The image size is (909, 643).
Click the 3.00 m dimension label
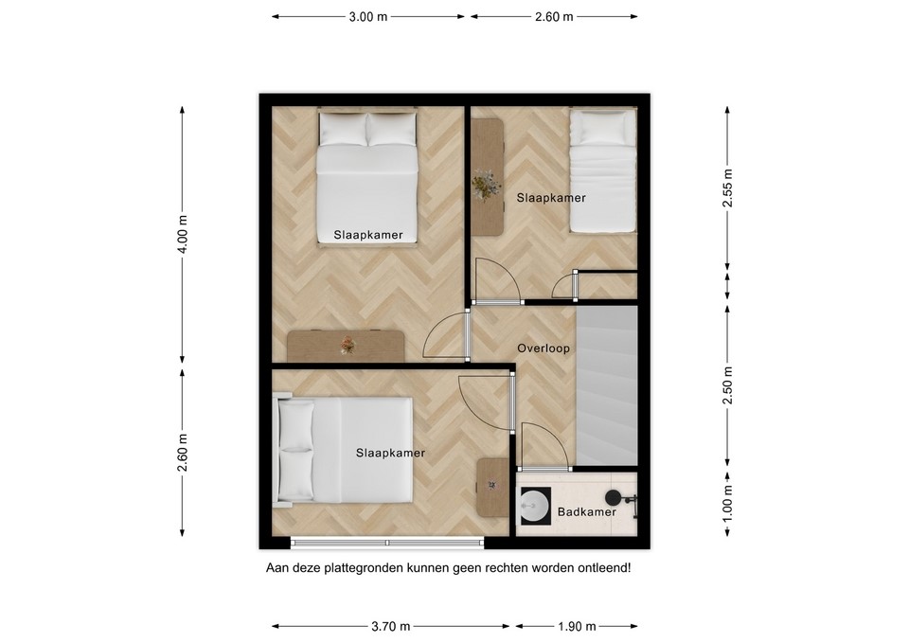[368, 17]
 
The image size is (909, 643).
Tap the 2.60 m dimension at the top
[554, 17]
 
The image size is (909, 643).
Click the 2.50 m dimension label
[727, 385]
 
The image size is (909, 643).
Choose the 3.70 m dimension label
[391, 626]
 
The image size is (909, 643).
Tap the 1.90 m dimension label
[576, 626]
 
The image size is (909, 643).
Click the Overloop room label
[544, 348]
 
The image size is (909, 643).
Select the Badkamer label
[586, 511]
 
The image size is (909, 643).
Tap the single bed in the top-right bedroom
[602, 170]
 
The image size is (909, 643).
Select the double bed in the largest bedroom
[366, 178]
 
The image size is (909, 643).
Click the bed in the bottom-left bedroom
[346, 450]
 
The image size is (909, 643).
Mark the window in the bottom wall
[386, 543]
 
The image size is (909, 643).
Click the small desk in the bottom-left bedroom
[491, 487]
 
